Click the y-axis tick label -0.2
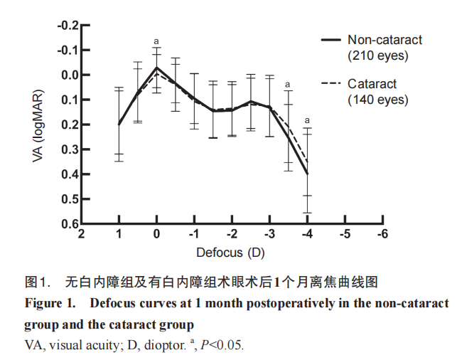point(68,25)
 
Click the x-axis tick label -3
point(269,235)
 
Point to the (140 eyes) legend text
point(378,100)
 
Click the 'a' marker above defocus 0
point(156,41)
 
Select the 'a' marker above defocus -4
point(307,120)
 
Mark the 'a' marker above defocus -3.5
point(288,85)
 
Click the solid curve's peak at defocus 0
point(156,68)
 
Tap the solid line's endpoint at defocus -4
point(307,173)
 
